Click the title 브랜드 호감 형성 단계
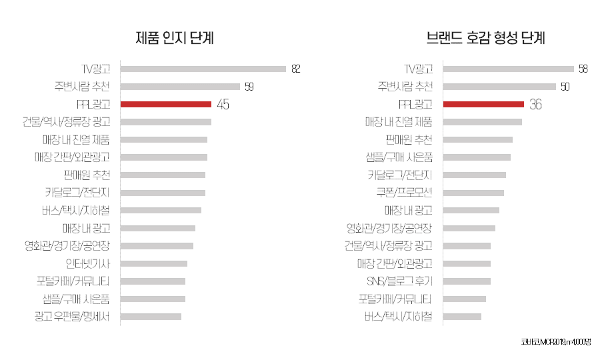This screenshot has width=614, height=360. tap(486, 38)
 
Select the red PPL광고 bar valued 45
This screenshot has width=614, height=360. tap(166, 104)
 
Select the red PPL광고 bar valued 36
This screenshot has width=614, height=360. tap(483, 104)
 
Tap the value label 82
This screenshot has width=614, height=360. tap(296, 69)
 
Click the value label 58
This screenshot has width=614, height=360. tap(583, 69)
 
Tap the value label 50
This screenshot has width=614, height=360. tap(565, 86)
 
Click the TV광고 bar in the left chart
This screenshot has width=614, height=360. tap(203, 69)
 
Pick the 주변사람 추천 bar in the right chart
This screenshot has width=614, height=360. tap(499, 86)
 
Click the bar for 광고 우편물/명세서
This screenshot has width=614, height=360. tap(151, 315)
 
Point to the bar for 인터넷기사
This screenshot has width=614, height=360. tap(154, 263)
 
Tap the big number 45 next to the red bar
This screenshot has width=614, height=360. tap(223, 104)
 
